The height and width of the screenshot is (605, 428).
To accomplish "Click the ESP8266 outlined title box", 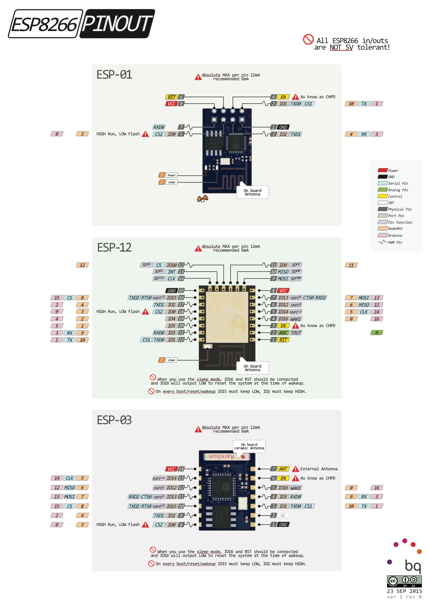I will [45, 24].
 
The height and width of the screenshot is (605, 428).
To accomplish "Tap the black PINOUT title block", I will [117, 24].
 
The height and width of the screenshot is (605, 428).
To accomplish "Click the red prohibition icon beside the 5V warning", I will [308, 39].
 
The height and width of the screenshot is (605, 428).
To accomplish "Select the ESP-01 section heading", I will [114, 75].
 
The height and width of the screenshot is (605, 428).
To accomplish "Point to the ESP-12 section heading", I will [114, 247].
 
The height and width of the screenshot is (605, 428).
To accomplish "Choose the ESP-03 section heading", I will [114, 420].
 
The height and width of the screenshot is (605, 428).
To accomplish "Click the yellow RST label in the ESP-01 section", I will [172, 97].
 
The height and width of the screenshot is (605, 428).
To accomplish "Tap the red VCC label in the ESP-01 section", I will [172, 104].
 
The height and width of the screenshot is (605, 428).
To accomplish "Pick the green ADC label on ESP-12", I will [283, 333].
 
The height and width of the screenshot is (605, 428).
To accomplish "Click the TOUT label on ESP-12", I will [296, 333].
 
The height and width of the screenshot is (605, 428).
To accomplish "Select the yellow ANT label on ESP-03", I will [283, 469].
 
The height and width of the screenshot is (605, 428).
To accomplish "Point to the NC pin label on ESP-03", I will [283, 515].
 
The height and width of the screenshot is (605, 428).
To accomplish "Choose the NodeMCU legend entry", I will [395, 228].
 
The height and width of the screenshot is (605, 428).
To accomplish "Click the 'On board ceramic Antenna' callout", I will [249, 446].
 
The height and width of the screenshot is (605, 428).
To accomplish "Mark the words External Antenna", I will [319, 469].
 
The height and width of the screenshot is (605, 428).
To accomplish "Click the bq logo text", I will [412, 565].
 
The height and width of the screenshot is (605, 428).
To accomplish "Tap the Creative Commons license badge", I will [404, 581].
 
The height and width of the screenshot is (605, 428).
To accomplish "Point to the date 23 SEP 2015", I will [404, 591].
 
